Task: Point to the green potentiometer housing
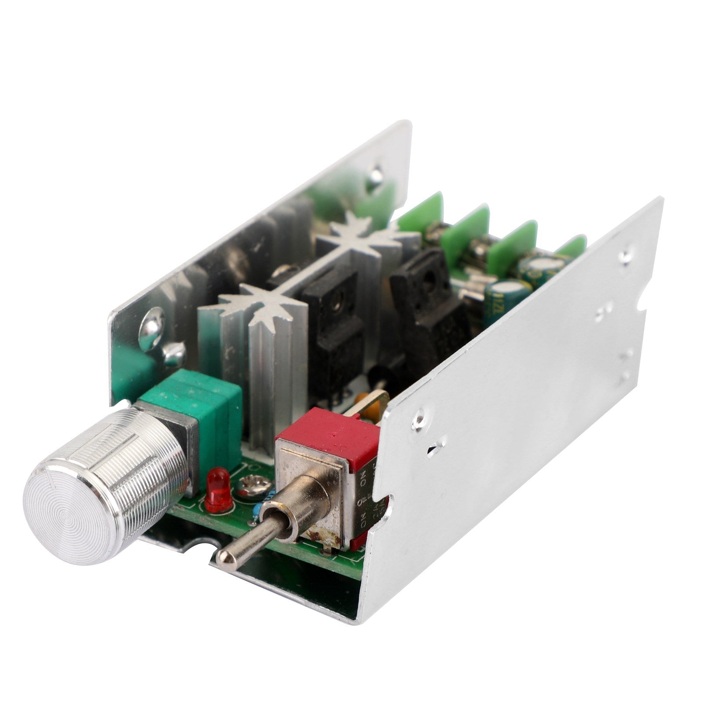coord(202,409)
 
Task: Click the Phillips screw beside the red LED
coord(249,487)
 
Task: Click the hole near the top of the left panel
coord(376,172)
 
